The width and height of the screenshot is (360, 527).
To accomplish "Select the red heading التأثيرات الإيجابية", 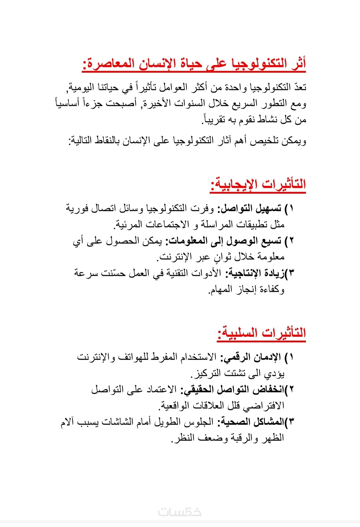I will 258,184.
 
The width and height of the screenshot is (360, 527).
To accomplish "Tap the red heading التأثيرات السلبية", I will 261,333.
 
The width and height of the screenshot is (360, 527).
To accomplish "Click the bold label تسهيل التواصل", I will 250,209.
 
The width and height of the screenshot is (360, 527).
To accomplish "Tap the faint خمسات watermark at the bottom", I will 180,512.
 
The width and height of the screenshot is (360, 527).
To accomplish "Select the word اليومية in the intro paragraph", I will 82,87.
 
